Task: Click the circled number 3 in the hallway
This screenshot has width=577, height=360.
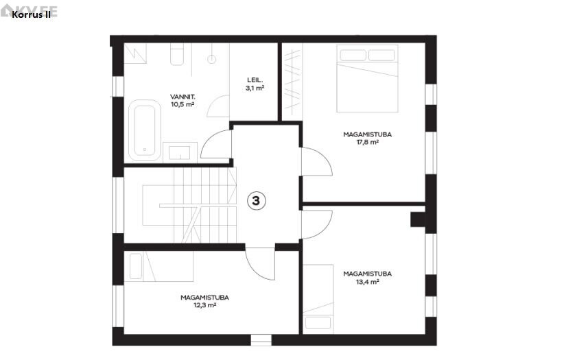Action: [x=256, y=201]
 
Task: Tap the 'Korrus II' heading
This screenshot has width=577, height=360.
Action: [x=32, y=14]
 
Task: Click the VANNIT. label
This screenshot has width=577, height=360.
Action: [x=182, y=97]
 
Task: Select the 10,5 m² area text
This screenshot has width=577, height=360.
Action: [x=182, y=104]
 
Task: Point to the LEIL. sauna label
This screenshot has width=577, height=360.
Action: [x=255, y=80]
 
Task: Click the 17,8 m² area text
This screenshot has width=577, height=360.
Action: [x=367, y=143]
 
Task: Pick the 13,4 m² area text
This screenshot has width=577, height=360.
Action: [x=367, y=282]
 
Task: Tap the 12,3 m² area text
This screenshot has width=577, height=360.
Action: [x=204, y=305]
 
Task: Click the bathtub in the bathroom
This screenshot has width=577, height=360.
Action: [x=145, y=130]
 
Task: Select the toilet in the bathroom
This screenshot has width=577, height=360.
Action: [x=177, y=54]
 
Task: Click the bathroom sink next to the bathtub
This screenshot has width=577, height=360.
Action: [x=180, y=152]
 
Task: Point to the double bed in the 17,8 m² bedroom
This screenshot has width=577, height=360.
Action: [x=367, y=78]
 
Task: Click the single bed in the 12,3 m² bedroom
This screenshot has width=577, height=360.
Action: [x=159, y=266]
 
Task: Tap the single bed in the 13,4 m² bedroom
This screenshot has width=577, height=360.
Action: [x=318, y=299]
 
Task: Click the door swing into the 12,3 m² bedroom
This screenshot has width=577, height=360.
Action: [x=260, y=263]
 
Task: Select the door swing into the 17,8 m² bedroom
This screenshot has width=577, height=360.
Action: [x=317, y=161]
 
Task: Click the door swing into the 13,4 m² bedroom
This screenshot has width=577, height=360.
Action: [x=317, y=224]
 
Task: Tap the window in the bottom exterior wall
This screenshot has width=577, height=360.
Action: [x=261, y=340]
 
